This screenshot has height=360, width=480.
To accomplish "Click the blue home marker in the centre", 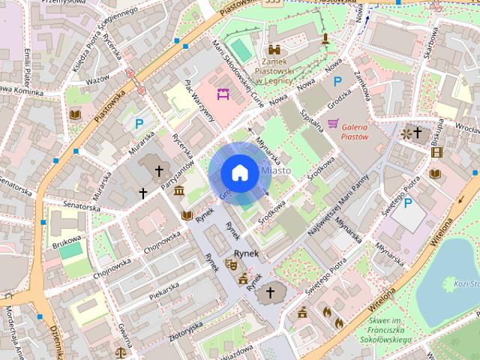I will [238, 172].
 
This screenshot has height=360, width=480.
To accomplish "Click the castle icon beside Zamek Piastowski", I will [274, 49].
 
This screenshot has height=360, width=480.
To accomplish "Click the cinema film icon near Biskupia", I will [436, 152].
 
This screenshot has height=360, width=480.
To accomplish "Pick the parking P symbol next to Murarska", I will [138, 124].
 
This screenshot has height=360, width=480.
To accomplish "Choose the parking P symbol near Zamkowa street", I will [337, 81].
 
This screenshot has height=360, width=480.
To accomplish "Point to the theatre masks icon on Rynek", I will [231, 264].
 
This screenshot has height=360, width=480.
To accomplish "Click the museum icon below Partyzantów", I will [179, 192].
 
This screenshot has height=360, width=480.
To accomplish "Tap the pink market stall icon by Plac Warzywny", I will [221, 94].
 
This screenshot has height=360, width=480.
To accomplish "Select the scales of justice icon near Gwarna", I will [121, 350].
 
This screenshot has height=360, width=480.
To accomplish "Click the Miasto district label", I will [275, 172].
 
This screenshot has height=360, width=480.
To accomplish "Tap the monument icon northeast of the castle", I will [325, 38].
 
